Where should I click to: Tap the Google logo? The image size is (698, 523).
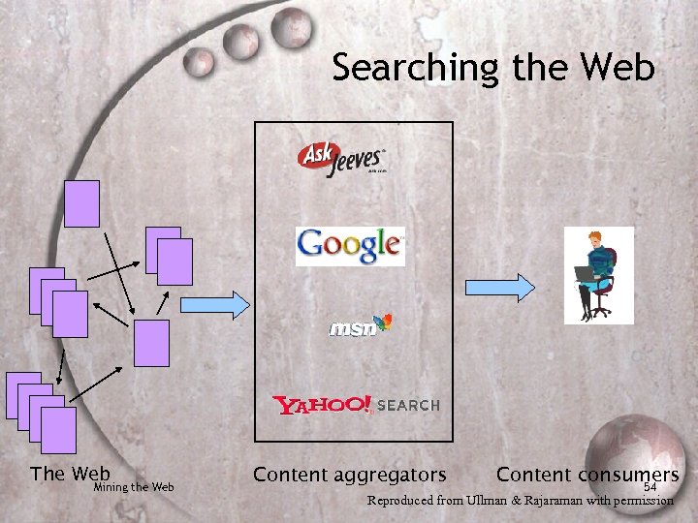pos(349,246)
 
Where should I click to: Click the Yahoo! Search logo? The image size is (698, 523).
pos(356,405)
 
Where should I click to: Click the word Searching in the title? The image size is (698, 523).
pos(415,68)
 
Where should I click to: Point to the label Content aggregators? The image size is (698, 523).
pos(349,475)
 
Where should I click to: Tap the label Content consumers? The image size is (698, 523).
pos(587,475)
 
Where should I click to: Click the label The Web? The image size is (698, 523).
pos(70,473)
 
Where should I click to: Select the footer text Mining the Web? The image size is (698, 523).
pos(134,487)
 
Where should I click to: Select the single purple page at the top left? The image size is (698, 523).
pos(82,202)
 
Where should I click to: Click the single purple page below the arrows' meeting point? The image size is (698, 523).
pos(151,343)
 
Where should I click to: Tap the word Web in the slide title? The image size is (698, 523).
pos(619,68)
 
